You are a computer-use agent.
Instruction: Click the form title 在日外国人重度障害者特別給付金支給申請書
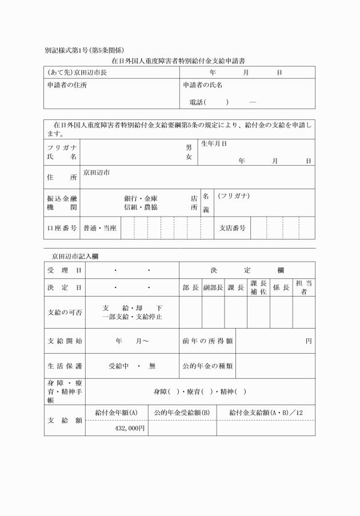[180, 60]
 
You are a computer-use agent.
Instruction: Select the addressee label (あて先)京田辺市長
[77, 73]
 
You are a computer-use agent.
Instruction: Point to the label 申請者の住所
[67, 85]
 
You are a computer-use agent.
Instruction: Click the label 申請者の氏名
[203, 85]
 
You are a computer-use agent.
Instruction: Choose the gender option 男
[189, 147]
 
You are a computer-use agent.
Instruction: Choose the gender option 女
[189, 157]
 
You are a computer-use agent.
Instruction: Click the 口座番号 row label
[62, 228]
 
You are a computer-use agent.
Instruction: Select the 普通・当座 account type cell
[100, 228]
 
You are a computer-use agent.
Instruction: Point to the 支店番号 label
[233, 228]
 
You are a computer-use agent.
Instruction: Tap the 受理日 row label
[63, 270]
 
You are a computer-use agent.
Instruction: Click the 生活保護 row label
[63, 366]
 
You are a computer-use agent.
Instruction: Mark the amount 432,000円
[130, 428]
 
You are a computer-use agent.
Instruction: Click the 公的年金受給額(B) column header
[182, 412]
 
